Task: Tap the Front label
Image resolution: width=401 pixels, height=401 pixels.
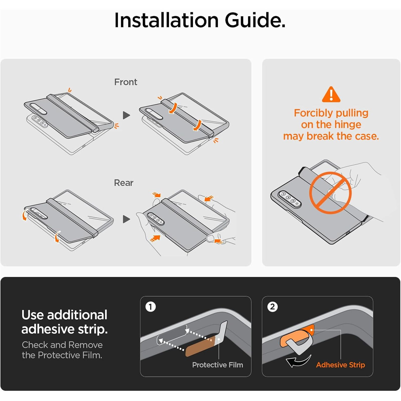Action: tap(126, 82)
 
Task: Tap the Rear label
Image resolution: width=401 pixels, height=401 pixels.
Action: tap(124, 183)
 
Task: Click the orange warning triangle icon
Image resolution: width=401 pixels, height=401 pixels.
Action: tap(331, 94)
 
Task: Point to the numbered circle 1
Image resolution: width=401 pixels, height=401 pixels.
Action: tap(151, 307)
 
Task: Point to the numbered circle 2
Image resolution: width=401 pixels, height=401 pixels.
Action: tap(272, 307)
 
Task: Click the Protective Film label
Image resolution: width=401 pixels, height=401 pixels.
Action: tap(218, 365)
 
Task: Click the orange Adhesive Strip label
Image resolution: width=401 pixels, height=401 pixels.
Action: tap(340, 365)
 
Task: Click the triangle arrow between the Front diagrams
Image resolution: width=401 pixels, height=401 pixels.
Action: tap(126, 115)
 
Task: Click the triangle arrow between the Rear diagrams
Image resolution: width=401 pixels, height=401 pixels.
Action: tap(126, 219)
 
